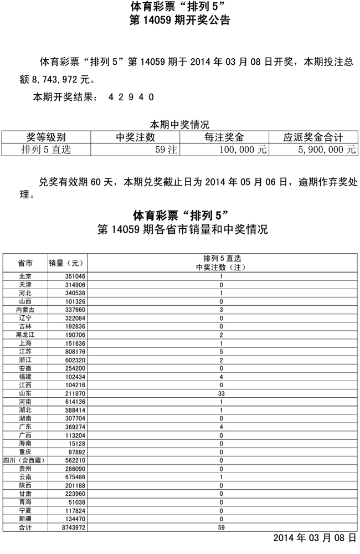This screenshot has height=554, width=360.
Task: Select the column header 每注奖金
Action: (224, 137)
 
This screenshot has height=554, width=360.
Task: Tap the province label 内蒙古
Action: (25, 310)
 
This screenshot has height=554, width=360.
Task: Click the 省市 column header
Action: (25, 263)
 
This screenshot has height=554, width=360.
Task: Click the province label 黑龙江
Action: (25, 335)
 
